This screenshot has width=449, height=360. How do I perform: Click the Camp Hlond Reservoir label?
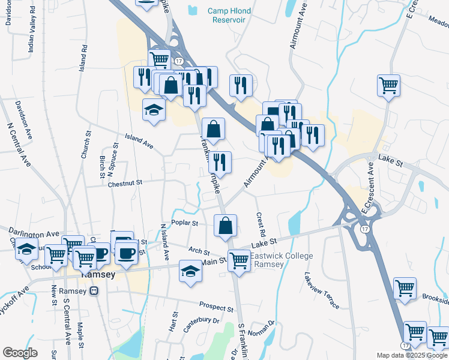[x=229, y=15]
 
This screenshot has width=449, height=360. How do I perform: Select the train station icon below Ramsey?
[x=94, y=291]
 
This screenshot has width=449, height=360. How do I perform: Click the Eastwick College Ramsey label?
[x=282, y=260]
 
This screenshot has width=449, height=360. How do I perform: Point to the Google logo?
[x=20, y=353]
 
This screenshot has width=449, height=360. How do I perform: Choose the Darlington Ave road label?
[x=34, y=233]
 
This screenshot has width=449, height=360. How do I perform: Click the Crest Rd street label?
[x=261, y=224]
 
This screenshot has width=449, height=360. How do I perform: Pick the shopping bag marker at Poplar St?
[x=226, y=226]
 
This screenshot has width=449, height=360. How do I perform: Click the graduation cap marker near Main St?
[x=190, y=272]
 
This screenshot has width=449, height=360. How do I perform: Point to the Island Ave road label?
[x=139, y=142]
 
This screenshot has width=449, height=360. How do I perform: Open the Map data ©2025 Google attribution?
[x=412, y=355]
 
